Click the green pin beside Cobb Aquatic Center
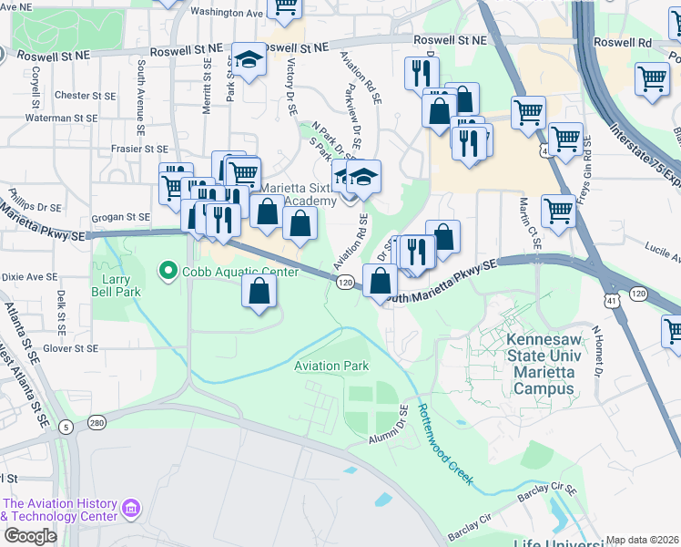click(168, 271)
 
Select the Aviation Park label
click(330, 366)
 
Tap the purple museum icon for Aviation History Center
click(132, 507)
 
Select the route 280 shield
click(97, 422)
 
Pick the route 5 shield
click(66, 427)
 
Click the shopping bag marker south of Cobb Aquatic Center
click(259, 292)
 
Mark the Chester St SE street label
click(85, 96)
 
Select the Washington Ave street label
click(226, 14)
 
